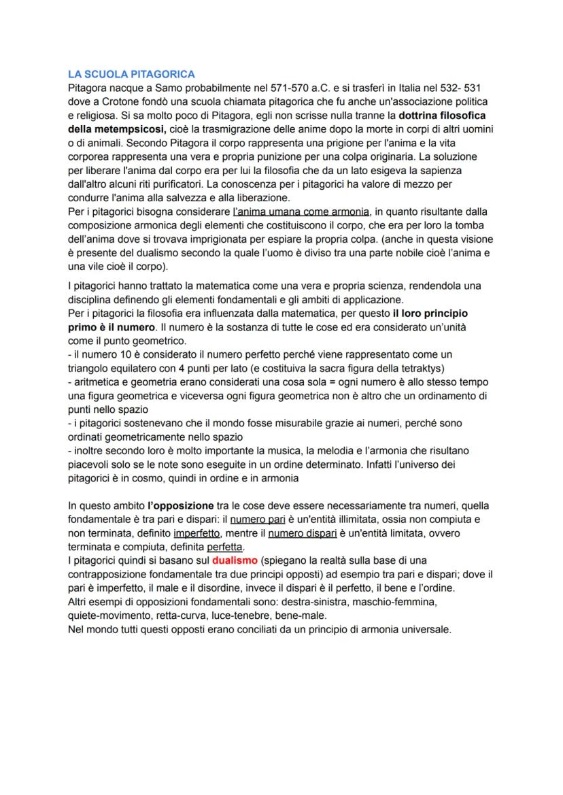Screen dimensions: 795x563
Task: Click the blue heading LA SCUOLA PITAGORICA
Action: [132, 73]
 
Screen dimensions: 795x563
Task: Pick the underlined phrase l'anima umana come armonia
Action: [301, 212]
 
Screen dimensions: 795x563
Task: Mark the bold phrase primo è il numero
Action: [112, 326]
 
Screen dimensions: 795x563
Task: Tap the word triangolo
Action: [91, 368]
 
